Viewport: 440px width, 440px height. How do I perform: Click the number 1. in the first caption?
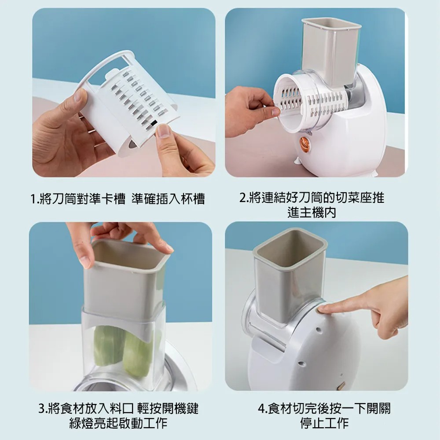point(35,199)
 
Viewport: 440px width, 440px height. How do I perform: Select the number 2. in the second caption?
point(244,198)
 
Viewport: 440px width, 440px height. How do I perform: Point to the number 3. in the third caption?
point(43,409)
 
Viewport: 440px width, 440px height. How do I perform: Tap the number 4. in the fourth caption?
point(263,409)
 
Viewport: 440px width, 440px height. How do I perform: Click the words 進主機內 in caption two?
point(312,213)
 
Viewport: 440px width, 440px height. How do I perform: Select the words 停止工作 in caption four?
point(324,423)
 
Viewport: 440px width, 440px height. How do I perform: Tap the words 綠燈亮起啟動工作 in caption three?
point(118,423)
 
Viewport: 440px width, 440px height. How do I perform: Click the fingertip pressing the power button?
point(322,309)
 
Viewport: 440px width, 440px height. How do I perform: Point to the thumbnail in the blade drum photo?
point(164,130)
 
